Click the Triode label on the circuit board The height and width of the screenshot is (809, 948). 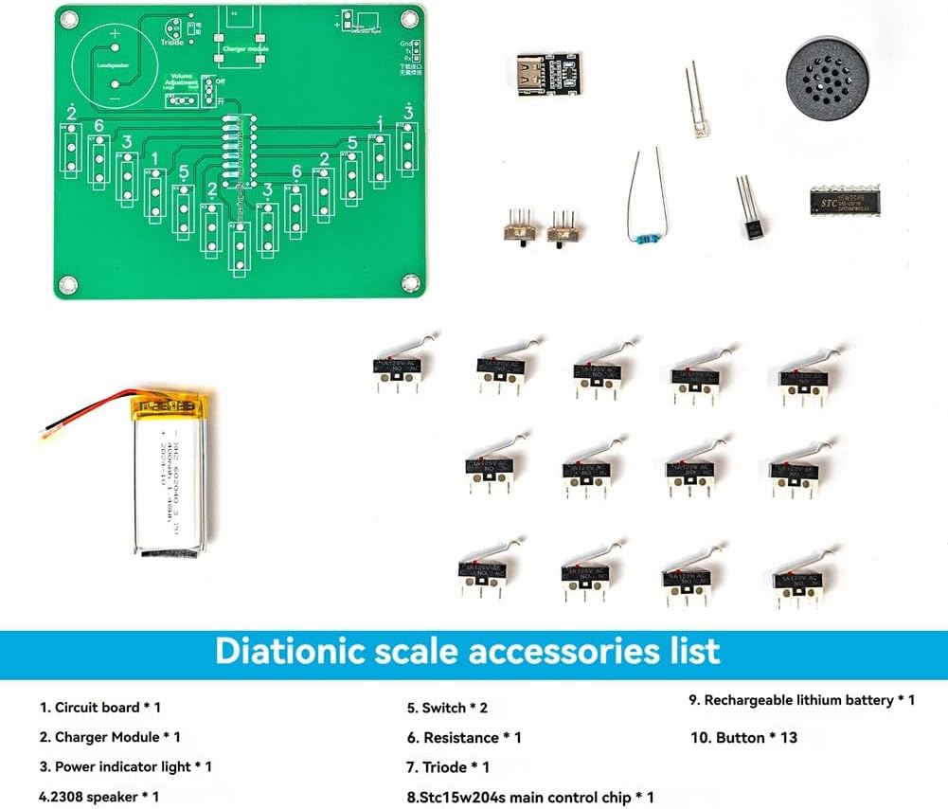tap(173, 43)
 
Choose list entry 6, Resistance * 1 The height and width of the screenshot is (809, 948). tap(464, 737)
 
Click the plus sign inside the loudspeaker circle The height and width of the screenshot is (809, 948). tap(115, 34)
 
